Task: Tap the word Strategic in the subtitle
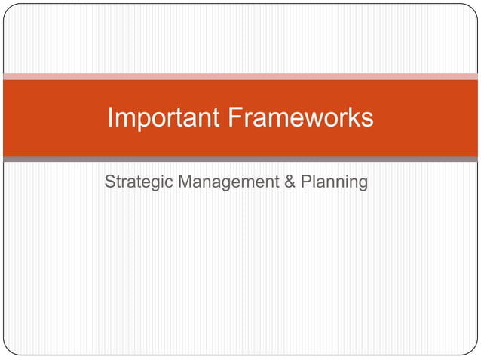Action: [x=137, y=182]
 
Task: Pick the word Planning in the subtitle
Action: [x=334, y=182]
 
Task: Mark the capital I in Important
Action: [x=111, y=117]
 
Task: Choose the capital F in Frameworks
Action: [x=234, y=117]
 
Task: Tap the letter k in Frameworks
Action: [x=350, y=117]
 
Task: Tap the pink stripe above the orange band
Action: [x=240, y=77]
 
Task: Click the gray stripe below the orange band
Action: [x=240, y=159]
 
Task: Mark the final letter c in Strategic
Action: [x=169, y=183]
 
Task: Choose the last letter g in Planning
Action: [x=363, y=185]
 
